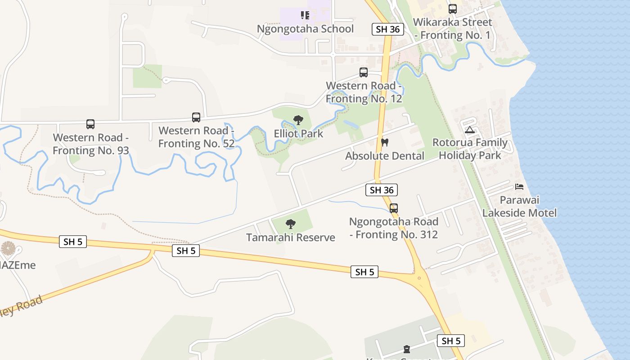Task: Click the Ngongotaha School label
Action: click(x=305, y=29)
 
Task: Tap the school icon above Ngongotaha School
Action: click(x=305, y=16)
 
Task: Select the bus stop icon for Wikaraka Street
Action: click(x=452, y=9)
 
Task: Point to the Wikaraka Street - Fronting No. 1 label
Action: click(x=453, y=28)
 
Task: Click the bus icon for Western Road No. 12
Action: click(x=363, y=72)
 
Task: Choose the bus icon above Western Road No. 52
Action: click(x=196, y=117)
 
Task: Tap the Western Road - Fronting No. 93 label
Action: click(x=90, y=144)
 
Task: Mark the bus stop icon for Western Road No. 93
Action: click(x=90, y=124)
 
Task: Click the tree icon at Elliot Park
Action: click(x=298, y=120)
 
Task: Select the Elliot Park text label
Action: click(x=298, y=134)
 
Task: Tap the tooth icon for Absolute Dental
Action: click(x=384, y=143)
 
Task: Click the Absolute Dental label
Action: click(x=384, y=156)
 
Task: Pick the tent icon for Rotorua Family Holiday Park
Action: click(x=470, y=130)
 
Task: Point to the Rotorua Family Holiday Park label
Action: click(x=470, y=149)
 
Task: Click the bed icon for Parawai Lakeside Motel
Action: click(x=519, y=187)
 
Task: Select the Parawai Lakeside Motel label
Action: click(x=519, y=207)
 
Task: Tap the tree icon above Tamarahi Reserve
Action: click(x=291, y=224)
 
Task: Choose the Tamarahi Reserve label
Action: click(x=291, y=237)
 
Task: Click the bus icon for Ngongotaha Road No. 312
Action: click(x=394, y=208)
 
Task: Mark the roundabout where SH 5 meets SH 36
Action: click(x=419, y=278)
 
